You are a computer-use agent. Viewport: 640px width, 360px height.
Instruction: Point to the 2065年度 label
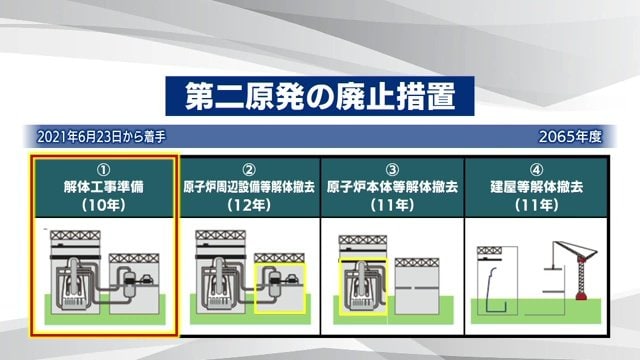(570, 135)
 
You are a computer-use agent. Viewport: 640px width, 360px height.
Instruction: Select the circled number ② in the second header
(249, 168)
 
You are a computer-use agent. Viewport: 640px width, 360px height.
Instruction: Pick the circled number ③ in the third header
(392, 168)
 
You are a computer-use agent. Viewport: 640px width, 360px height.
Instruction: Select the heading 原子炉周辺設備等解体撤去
(249, 186)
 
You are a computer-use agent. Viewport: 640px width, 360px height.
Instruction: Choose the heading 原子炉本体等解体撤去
(392, 186)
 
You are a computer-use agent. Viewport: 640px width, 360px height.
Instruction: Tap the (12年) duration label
(249, 205)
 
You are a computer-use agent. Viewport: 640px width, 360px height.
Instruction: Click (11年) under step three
(392, 205)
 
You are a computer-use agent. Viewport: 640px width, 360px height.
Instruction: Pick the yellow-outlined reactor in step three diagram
(361, 286)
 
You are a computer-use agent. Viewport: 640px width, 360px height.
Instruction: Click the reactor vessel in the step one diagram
(76, 281)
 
